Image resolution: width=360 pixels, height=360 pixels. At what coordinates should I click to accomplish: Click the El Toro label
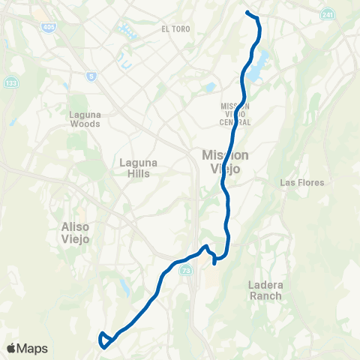tap(175, 28)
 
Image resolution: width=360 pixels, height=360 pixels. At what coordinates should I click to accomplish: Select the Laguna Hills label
tap(135, 167)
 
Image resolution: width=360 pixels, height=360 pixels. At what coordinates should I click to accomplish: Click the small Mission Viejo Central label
tap(235, 114)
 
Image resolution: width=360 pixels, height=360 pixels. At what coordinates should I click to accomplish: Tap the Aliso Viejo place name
tap(75, 233)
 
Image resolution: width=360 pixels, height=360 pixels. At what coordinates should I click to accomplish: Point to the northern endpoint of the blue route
tap(247, 12)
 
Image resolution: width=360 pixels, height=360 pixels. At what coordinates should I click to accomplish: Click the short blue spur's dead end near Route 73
tap(214, 263)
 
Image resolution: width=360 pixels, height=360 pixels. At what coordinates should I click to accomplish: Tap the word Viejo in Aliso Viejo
tap(75, 239)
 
